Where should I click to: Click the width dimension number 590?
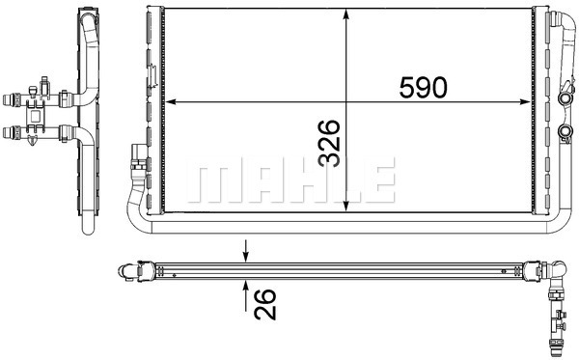point(424,87)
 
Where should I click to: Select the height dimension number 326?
point(329,143)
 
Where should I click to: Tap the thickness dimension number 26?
point(265,304)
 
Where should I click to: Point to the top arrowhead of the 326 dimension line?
point(346,14)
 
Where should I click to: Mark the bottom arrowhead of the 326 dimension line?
point(346,207)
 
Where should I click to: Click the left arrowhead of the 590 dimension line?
point(170,102)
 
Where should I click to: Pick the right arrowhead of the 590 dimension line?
point(525,102)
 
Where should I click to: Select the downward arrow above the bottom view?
point(246,251)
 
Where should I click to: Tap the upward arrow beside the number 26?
point(246,295)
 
